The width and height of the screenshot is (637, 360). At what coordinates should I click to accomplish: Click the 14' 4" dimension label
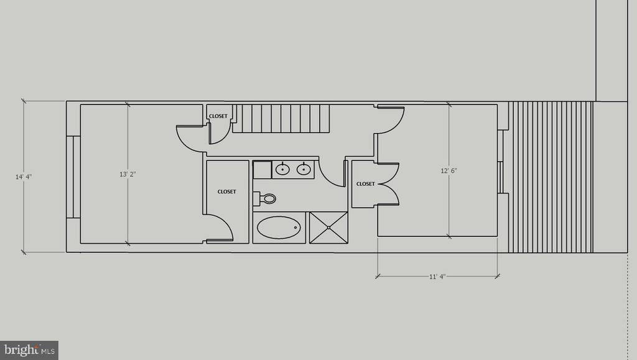[24, 177]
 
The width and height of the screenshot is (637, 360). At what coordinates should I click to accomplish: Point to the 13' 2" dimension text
[128, 174]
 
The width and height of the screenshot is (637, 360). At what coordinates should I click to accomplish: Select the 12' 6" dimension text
[449, 170]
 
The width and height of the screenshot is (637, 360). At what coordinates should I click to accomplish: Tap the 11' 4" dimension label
[437, 277]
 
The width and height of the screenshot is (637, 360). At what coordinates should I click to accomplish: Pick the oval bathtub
[279, 228]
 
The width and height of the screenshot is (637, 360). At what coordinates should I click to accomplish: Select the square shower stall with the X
[328, 228]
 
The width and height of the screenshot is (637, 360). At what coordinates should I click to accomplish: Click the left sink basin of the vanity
[282, 169]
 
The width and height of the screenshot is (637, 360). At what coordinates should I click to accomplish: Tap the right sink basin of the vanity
[304, 169]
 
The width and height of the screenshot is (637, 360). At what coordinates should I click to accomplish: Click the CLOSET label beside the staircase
[218, 116]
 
